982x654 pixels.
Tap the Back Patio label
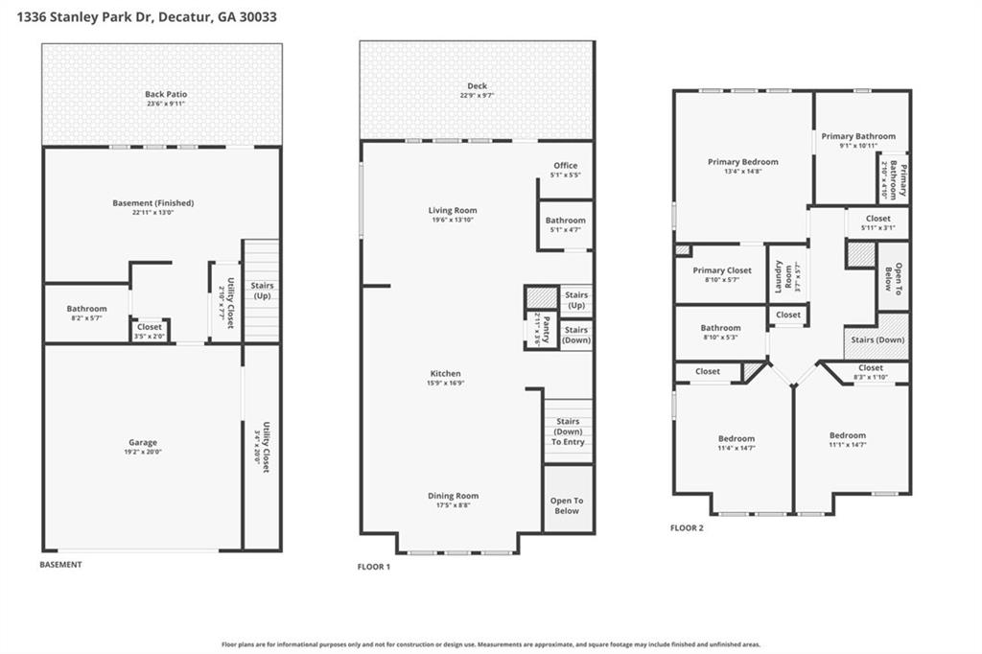tap(166, 94)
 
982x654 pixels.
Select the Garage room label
tap(143, 443)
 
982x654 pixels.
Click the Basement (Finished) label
tap(153, 203)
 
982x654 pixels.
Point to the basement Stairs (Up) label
tap(261, 291)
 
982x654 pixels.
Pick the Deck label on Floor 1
tap(477, 86)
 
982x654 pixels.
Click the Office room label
tap(565, 166)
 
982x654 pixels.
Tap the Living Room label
tap(452, 210)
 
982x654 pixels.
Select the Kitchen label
tap(445, 373)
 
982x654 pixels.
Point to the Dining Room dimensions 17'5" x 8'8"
tap(453, 505)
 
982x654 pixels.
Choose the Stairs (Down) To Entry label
tap(568, 431)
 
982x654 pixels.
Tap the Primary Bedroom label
tap(742, 162)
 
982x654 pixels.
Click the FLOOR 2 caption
tap(687, 527)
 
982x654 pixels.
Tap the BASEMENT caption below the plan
tap(60, 565)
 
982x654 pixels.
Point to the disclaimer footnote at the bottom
tap(491, 644)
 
